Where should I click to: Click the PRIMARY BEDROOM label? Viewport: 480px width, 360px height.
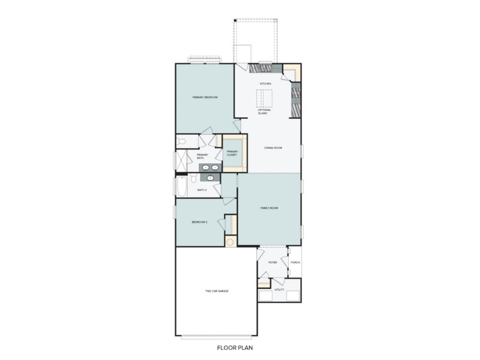205,97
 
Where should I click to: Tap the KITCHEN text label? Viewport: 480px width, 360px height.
265,83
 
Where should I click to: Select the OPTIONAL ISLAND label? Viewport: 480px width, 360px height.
265,112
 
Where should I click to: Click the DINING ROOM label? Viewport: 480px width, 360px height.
274,147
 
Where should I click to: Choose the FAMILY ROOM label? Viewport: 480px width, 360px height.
269,208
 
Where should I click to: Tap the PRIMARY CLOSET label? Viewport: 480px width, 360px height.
232,153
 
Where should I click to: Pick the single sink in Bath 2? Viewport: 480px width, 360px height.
211,178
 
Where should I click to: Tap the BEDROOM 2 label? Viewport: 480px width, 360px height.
199,222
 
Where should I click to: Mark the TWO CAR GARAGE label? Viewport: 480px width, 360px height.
217,291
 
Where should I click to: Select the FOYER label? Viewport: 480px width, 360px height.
272,263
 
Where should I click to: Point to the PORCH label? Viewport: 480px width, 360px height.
295,263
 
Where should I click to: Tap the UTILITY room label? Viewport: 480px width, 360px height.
280,289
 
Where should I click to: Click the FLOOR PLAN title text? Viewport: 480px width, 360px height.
240,347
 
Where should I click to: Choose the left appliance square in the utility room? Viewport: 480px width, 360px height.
265,296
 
